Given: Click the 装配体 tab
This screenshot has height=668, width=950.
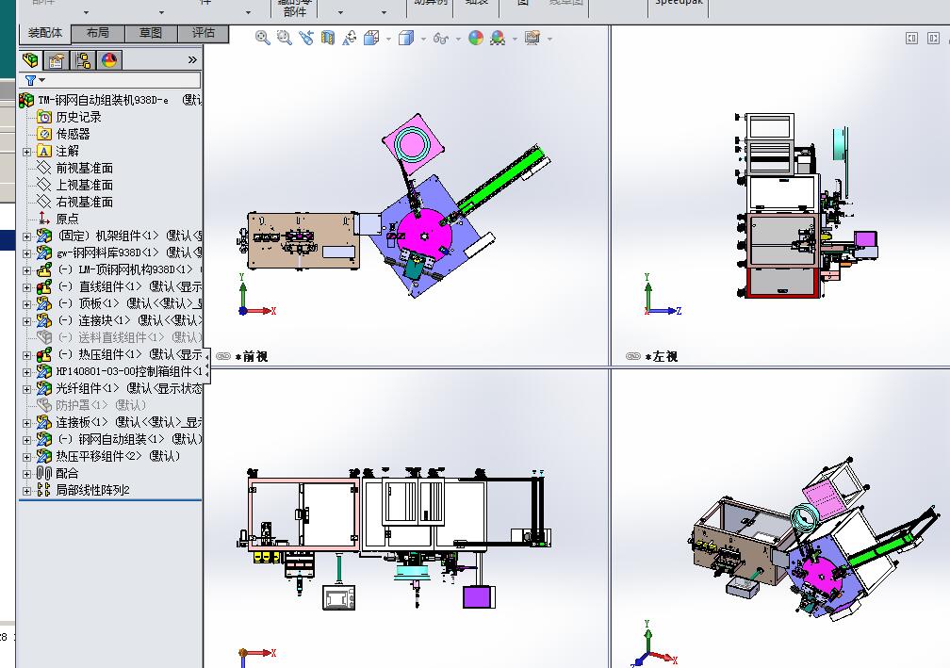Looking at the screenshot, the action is pyautogui.click(x=44, y=33).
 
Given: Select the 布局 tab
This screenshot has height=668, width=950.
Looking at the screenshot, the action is pyautogui.click(x=98, y=33).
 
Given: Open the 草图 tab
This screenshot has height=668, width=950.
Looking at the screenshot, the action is pyautogui.click(x=151, y=33).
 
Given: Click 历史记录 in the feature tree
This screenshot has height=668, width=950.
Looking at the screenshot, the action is pyautogui.click(x=77, y=117).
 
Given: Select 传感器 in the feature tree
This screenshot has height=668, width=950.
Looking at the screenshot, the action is pyautogui.click(x=73, y=134).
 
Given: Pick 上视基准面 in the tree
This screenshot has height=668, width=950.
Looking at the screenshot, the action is pyautogui.click(x=84, y=185).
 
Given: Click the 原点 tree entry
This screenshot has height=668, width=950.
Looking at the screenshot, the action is pyautogui.click(x=67, y=219).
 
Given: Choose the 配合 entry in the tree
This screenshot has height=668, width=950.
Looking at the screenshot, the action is pyautogui.click(x=67, y=473).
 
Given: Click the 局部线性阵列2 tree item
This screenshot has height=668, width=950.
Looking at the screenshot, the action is pyautogui.click(x=91, y=490).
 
